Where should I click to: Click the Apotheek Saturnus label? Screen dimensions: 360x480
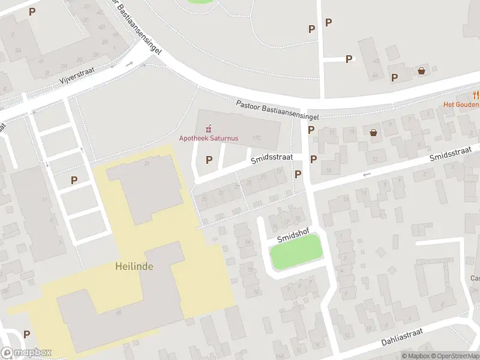coord(209,138)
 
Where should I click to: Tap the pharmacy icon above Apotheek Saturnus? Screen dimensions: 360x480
coord(209,128)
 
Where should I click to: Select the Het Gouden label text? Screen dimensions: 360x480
coord(461,104)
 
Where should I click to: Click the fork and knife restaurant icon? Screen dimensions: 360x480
coord(476,94)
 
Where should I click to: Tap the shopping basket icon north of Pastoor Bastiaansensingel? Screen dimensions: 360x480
coord(422,71)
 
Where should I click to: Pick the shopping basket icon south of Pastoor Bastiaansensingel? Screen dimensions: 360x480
coord(374,133)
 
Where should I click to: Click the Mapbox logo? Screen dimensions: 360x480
coord(26,353)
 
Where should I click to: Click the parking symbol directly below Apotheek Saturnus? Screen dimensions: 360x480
coord(209,160)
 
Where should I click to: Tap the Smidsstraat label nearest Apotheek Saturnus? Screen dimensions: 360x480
coord(272,157)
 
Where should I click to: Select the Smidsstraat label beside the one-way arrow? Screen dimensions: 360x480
coord(455,153)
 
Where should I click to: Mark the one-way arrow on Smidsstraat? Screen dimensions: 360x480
coord(367,174)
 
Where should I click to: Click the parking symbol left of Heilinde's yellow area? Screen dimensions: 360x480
coord(74,179)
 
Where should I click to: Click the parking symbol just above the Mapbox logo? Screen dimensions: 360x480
coord(26,334)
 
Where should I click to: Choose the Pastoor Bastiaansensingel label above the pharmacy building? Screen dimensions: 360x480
coord(277,110)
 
